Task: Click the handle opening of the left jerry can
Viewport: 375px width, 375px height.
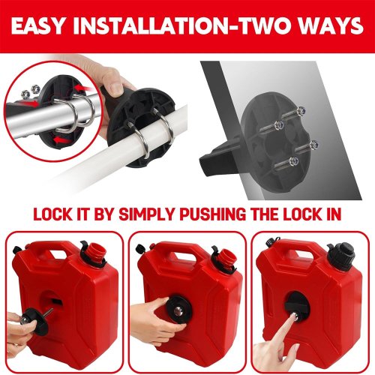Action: click(x=59, y=253)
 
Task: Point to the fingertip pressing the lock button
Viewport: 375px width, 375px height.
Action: click(x=292, y=316)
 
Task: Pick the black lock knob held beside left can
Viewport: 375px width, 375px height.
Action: click(x=35, y=322)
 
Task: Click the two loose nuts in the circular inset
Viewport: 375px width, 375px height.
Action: click(x=31, y=91)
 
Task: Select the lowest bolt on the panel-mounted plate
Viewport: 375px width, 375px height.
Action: click(x=293, y=160)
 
